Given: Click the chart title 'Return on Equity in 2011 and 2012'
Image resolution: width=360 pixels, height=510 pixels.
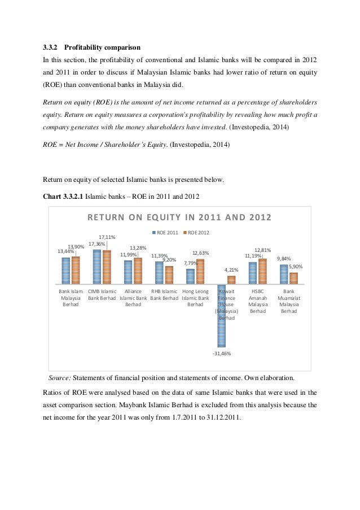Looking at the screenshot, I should (178, 217).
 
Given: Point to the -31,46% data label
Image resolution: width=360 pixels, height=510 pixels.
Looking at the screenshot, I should (222, 354).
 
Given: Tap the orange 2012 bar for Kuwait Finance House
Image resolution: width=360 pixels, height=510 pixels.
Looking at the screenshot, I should (231, 280).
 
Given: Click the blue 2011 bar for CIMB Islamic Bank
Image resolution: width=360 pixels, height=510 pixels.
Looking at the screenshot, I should (97, 267).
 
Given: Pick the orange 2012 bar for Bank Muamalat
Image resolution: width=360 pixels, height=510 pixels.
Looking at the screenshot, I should (293, 278).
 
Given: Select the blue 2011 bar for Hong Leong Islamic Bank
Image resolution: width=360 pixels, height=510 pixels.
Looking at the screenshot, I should (191, 276).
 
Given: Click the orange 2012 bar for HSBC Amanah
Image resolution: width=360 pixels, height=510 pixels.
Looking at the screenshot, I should (262, 271).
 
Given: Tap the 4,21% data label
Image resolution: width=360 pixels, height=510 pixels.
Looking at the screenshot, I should (231, 270).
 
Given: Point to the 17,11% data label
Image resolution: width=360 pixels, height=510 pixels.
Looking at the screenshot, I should (107, 237).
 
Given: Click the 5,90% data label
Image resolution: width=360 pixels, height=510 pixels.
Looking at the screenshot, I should (296, 266).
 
